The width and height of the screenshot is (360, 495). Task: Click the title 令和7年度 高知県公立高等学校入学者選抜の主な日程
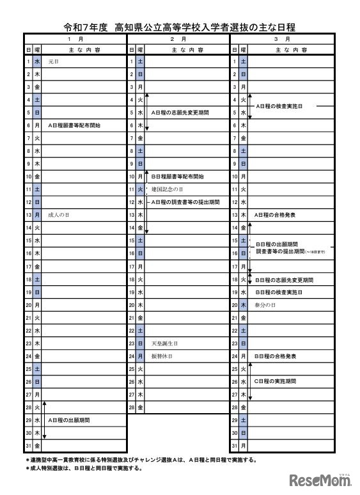pyautogui.click(x=180, y=27)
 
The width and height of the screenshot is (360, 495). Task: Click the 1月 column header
pyautogui.click(x=76, y=39)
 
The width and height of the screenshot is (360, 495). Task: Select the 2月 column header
pyautogui.click(x=178, y=39)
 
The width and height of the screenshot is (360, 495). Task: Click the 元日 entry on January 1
pyautogui.click(x=53, y=61)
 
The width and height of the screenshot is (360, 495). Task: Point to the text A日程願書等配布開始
pyautogui.click(x=74, y=125)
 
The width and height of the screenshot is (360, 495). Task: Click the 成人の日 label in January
pyautogui.click(x=58, y=215)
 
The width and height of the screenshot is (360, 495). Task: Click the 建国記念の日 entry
pyautogui.click(x=168, y=189)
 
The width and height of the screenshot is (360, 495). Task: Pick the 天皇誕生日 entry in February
pyautogui.click(x=162, y=343)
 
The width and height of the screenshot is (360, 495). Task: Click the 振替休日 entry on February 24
pyautogui.click(x=162, y=356)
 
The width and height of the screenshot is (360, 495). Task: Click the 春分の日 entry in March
pyautogui.click(x=264, y=305)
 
